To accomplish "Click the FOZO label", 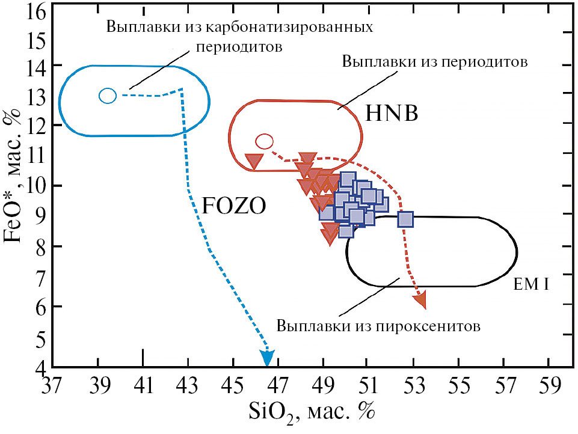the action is click(x=234, y=206).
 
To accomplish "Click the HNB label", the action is click(x=392, y=113).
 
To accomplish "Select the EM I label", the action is click(x=531, y=284).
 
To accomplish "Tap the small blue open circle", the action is click(x=108, y=96).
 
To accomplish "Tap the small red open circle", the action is click(x=264, y=141).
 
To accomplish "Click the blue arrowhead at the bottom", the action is click(x=267, y=358).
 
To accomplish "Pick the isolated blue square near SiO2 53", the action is click(x=405, y=219).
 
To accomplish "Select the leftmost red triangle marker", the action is click(x=254, y=161).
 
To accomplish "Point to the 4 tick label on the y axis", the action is click(x=42, y=367).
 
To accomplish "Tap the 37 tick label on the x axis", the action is click(x=52, y=386).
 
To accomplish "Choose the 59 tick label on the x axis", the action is click(x=550, y=386).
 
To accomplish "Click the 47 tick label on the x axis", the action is click(x=278, y=386).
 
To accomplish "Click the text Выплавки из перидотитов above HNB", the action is click(x=435, y=61).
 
